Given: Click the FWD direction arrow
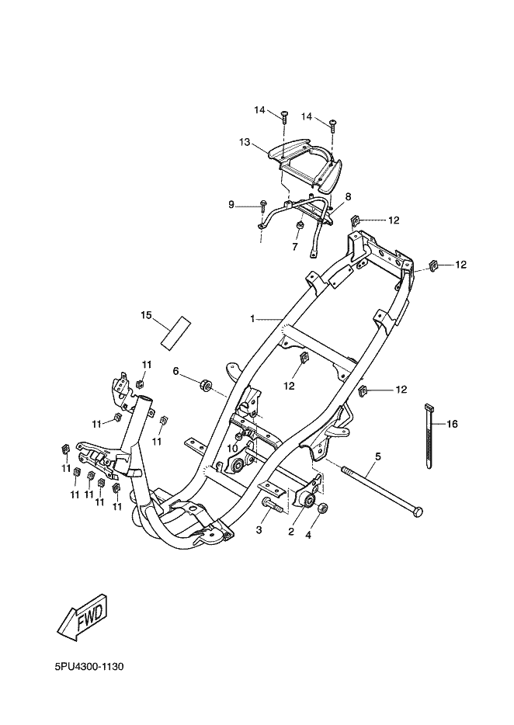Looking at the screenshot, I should tap(82, 616).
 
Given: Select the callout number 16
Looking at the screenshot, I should tap(452, 424).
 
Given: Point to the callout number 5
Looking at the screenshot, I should tap(378, 456).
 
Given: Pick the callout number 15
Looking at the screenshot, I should tap(145, 314).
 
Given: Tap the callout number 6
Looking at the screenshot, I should tap(176, 372).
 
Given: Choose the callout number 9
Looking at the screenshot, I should tap(231, 204).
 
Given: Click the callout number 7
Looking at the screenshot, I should tap(295, 247).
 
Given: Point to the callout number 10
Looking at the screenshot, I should tap(231, 448).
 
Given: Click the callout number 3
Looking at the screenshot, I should tap(259, 530).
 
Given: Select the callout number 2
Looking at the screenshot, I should tap(290, 532).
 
